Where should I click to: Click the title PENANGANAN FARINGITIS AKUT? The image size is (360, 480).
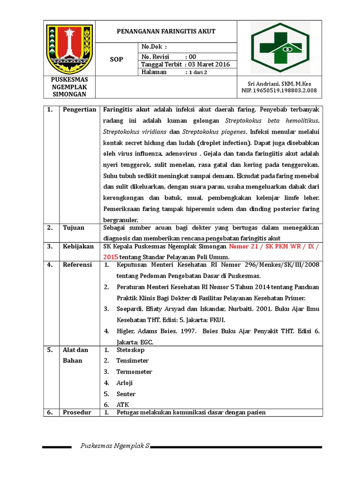coord(166,31)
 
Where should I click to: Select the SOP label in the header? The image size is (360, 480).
coord(116,59)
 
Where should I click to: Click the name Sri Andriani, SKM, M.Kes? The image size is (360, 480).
coord(279,83)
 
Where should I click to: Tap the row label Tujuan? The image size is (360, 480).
coord(74,228)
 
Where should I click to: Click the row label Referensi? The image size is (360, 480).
coord(77,265)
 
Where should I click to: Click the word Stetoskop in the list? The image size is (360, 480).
coord(130,350)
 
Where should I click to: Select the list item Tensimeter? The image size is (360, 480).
coord(133,360)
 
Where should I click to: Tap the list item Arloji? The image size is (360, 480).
coord(125,383)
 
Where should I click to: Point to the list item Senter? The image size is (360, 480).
coord(126,394)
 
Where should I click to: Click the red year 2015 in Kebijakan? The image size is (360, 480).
coord(111,257)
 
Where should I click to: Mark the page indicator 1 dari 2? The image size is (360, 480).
coord(196,72)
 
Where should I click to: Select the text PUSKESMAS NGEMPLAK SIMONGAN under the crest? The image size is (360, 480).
coord(69,87)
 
